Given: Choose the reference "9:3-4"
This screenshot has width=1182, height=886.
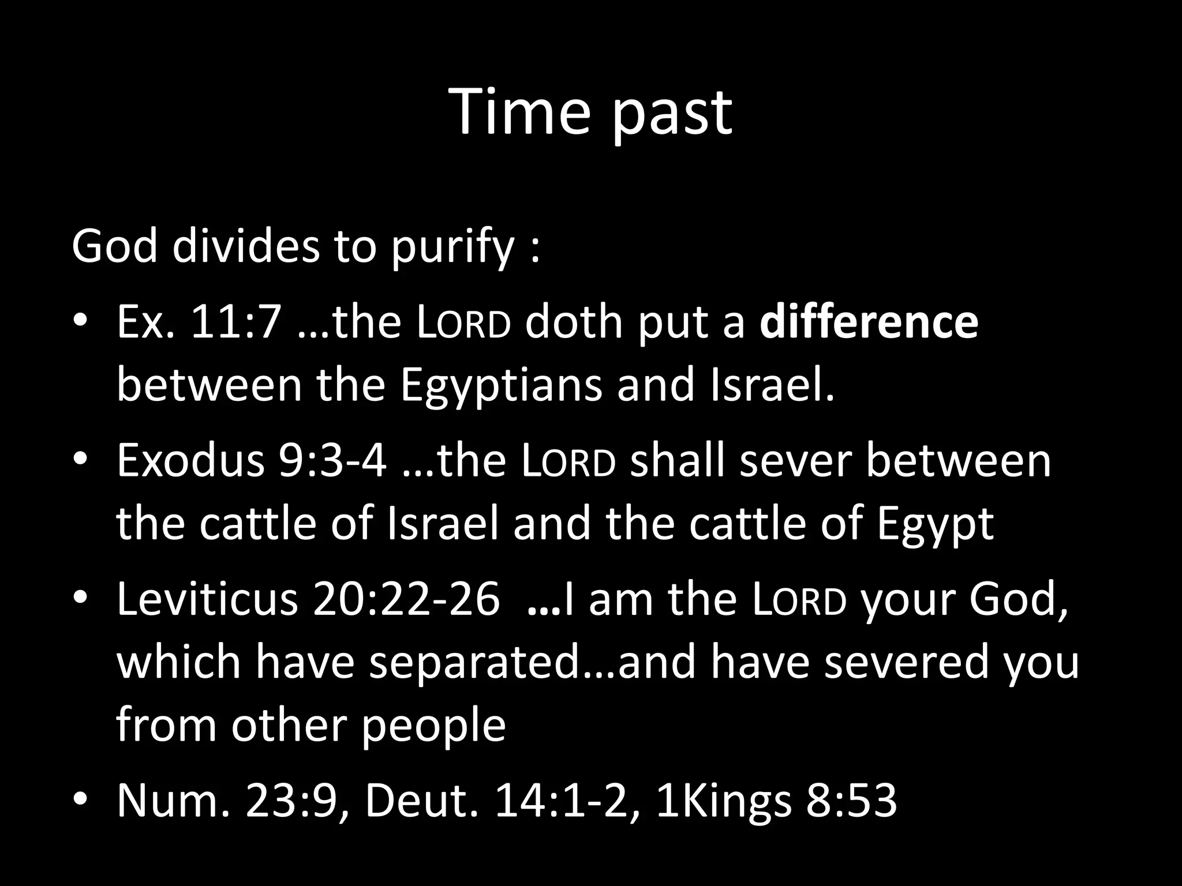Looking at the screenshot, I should point(332,461).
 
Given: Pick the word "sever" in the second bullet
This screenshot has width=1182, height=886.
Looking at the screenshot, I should point(796,461).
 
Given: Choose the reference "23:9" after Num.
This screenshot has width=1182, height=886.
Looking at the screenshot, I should point(291,801).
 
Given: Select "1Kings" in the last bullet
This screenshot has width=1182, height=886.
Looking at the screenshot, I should point(724,801).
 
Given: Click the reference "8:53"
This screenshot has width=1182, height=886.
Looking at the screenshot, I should point(851,801).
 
